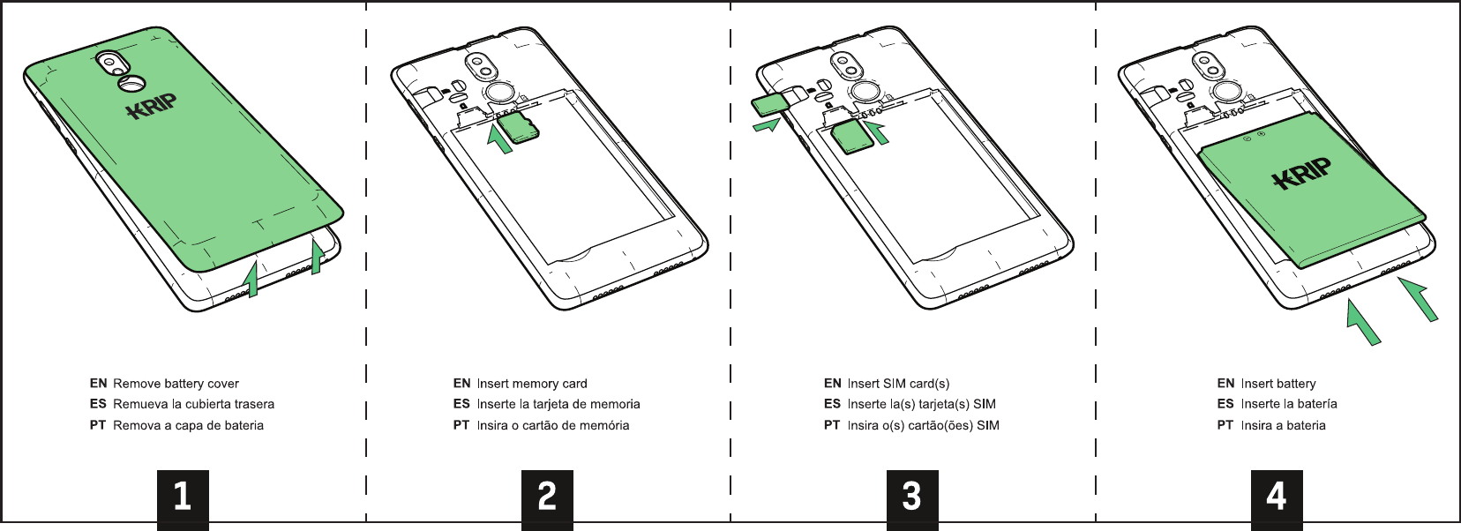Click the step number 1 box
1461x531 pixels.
pos(183,497)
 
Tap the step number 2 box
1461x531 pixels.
pos(547,497)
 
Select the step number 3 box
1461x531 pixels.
pos(912,497)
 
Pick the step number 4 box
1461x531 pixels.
pos(1277,497)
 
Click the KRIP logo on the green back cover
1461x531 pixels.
pos(152,107)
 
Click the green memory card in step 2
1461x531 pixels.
pos(520,127)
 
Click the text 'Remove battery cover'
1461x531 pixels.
pos(176,384)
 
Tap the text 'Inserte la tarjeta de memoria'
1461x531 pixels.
pos(558,404)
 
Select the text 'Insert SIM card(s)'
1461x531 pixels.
pos(898,384)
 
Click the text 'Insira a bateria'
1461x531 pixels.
pos(1283,425)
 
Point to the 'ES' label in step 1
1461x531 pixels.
pos(98,404)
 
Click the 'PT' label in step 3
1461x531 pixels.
pos(832,425)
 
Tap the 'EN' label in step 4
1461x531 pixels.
pos(1225,384)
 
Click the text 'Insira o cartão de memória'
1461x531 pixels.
pos(553,425)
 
